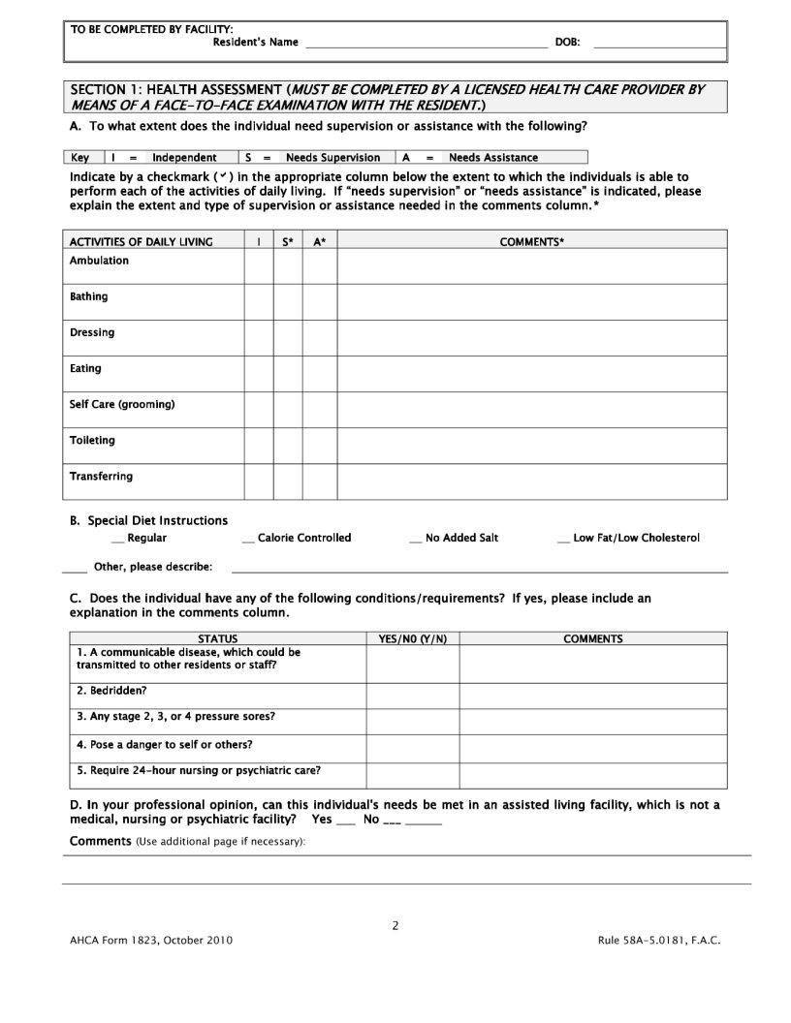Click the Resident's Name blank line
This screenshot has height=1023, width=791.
[427, 44]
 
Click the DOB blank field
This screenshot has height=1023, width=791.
[659, 44]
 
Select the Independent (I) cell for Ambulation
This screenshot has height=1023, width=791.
[258, 266]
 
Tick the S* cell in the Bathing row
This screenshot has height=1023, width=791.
[288, 302]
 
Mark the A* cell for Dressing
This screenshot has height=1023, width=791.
[319, 338]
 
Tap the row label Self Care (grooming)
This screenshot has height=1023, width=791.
[122, 405]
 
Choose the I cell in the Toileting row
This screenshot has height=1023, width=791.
[258, 446]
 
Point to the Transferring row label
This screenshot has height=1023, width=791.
[102, 477]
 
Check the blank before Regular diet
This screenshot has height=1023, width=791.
[117, 539]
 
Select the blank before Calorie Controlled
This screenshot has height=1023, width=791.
[248, 539]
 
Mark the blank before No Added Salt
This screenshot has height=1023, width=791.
[416, 539]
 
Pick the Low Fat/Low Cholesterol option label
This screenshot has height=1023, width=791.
[636, 538]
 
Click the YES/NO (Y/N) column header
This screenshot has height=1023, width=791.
[412, 638]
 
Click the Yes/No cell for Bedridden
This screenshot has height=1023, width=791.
[412, 696]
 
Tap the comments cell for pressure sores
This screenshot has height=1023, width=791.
[592, 722]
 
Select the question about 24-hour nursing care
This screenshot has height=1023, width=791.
[199, 771]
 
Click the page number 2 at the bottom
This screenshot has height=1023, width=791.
[395, 925]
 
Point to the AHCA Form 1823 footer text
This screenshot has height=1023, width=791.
[151, 941]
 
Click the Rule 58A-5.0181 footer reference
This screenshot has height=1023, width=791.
[659, 941]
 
